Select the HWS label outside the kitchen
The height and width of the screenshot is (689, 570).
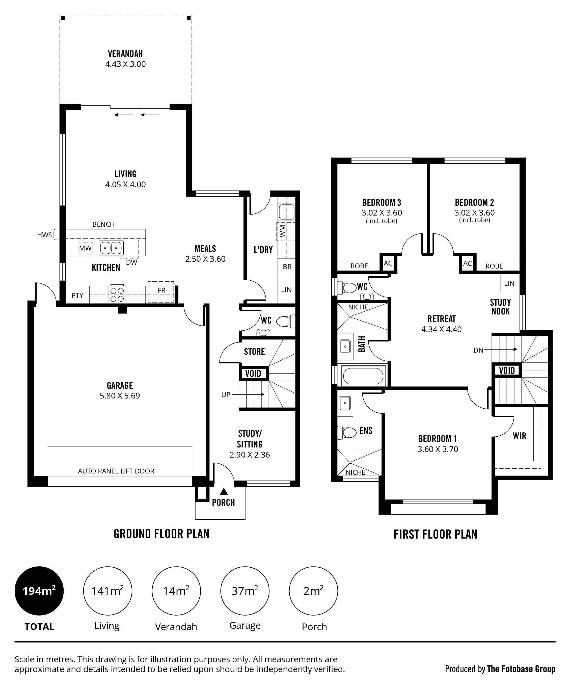45,235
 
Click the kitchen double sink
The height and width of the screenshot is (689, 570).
111,248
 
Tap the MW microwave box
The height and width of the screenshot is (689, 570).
85,248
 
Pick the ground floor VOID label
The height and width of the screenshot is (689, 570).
253,373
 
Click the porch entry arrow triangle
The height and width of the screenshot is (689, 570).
224,491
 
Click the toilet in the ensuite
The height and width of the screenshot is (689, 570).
347,432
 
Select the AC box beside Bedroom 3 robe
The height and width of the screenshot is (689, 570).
388,263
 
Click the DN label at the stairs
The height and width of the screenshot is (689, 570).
478,350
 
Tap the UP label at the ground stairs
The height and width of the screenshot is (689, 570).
226,394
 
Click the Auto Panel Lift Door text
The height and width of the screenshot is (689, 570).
116,471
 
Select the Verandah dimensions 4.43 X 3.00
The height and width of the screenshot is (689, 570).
125,64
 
